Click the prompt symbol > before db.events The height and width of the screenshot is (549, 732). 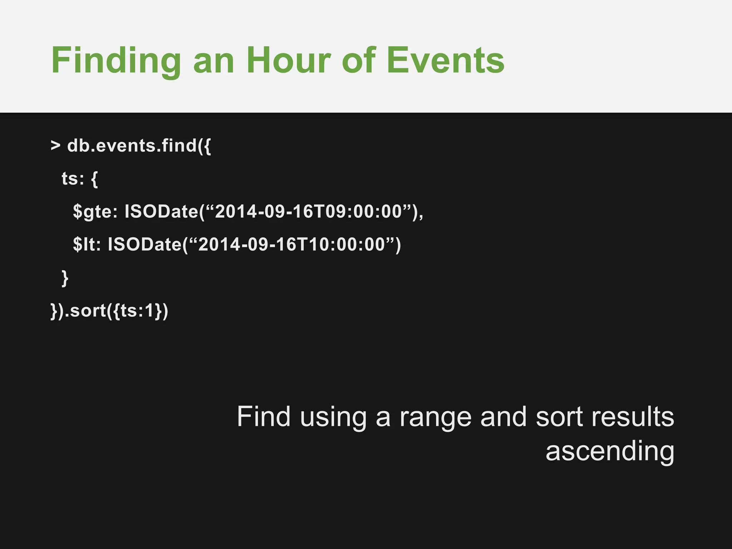pos(55,145)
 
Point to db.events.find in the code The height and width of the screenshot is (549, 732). pos(132,145)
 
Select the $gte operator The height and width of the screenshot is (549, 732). pos(95,212)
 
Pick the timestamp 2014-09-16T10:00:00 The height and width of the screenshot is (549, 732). pos(292,244)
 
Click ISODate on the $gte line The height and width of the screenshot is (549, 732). pos(161,211)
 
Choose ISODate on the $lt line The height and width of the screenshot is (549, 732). pos(145,244)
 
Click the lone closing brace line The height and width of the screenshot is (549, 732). pos(65,278)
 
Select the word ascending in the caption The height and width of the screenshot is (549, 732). pos(610,451)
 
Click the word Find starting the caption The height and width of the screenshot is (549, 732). pos(263,417)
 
